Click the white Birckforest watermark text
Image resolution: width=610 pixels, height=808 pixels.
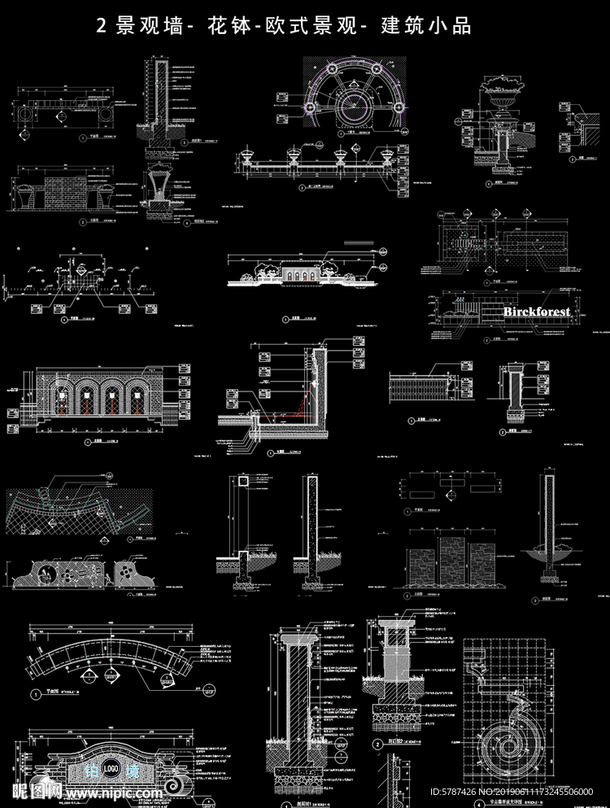coord(537,312)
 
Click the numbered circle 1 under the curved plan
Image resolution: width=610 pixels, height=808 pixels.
coord(36,694)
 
